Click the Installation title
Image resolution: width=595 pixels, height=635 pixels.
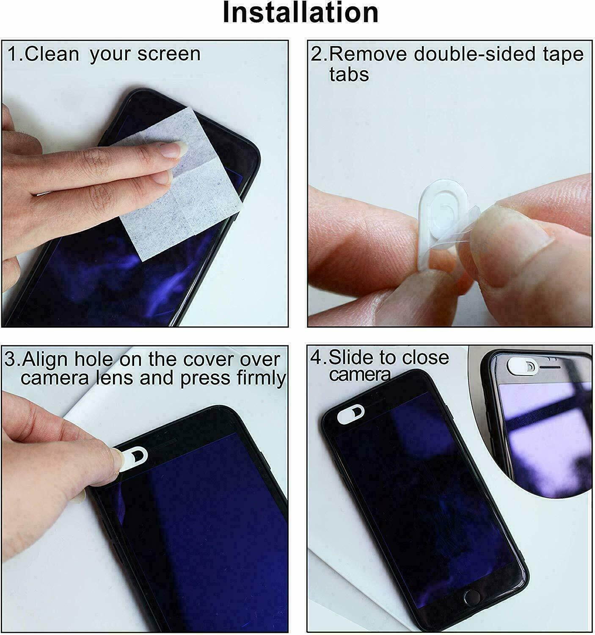coord(300,14)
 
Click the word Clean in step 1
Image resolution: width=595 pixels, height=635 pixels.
coord(52,54)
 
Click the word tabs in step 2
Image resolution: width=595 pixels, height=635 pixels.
coord(349,75)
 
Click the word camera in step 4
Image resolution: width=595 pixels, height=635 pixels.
coord(360,374)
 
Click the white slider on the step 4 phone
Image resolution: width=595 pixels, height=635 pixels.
coord(350,414)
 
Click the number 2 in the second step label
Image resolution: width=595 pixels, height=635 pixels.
coord(316,54)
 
